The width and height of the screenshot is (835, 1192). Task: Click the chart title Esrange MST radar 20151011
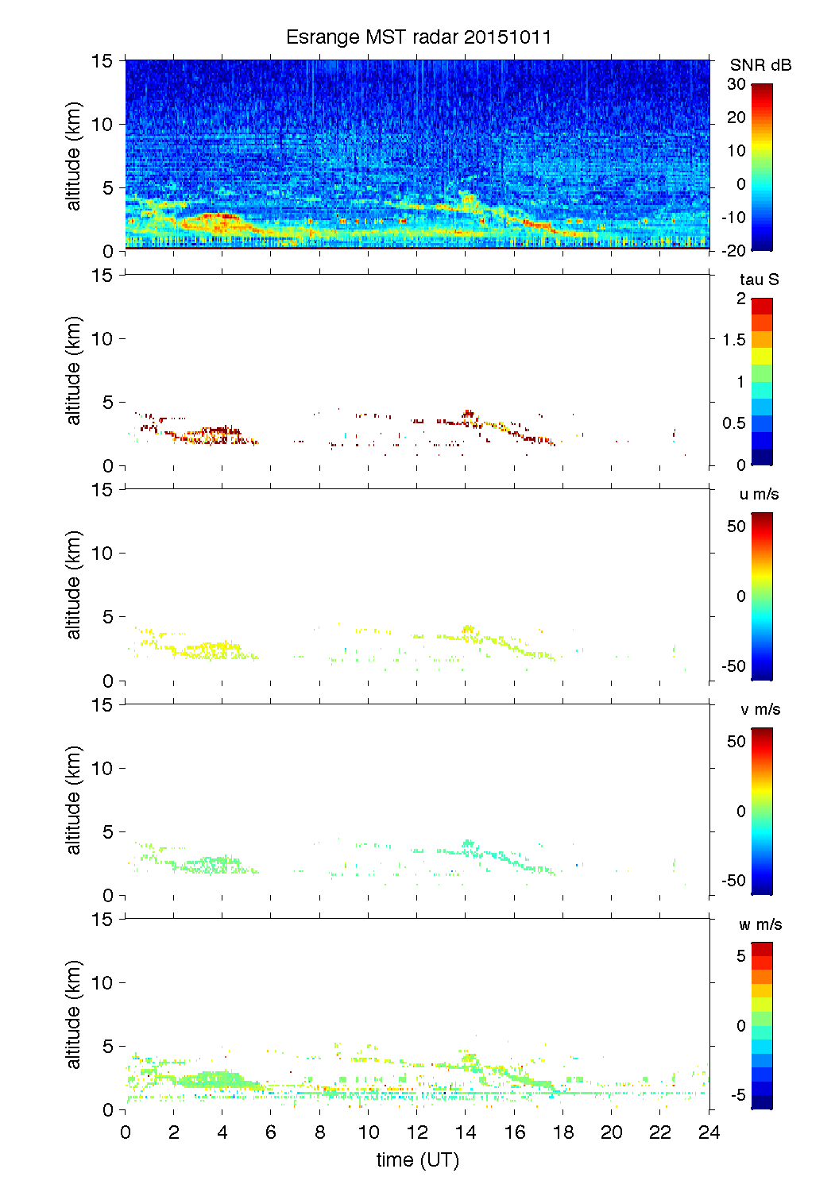click(x=418, y=37)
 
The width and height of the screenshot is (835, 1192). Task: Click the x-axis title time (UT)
click(x=417, y=1160)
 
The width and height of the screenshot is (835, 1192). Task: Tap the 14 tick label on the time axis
click(x=466, y=1132)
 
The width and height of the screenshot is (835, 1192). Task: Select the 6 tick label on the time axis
click(x=271, y=1132)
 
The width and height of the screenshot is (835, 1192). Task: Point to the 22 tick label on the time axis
click(x=660, y=1132)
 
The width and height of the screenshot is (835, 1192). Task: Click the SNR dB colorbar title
click(x=760, y=65)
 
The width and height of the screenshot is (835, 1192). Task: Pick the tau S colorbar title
click(x=759, y=280)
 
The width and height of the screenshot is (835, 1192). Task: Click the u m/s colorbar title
click(x=759, y=494)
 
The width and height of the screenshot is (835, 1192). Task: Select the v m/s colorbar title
click(x=760, y=709)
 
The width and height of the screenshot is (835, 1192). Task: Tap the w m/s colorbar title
click(x=760, y=924)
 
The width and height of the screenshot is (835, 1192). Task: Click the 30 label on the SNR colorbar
click(x=736, y=84)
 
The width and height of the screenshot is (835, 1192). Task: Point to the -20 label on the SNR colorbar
click(x=733, y=250)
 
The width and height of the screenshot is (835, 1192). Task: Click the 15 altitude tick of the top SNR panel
click(x=103, y=60)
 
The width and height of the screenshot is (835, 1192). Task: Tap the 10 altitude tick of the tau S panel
click(x=103, y=339)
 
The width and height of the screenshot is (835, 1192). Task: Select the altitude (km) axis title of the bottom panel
click(x=74, y=1015)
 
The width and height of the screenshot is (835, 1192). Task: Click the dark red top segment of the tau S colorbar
click(x=761, y=307)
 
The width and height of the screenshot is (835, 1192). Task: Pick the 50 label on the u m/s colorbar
click(x=736, y=527)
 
